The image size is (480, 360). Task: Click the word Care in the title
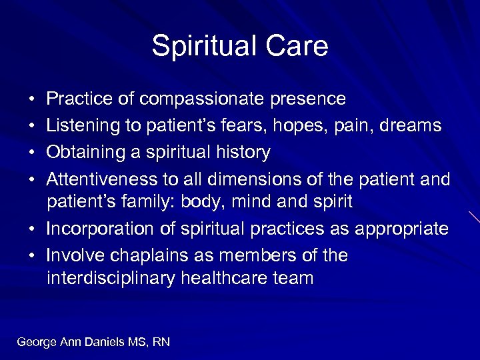(x=298, y=47)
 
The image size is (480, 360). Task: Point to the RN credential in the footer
(x=161, y=342)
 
